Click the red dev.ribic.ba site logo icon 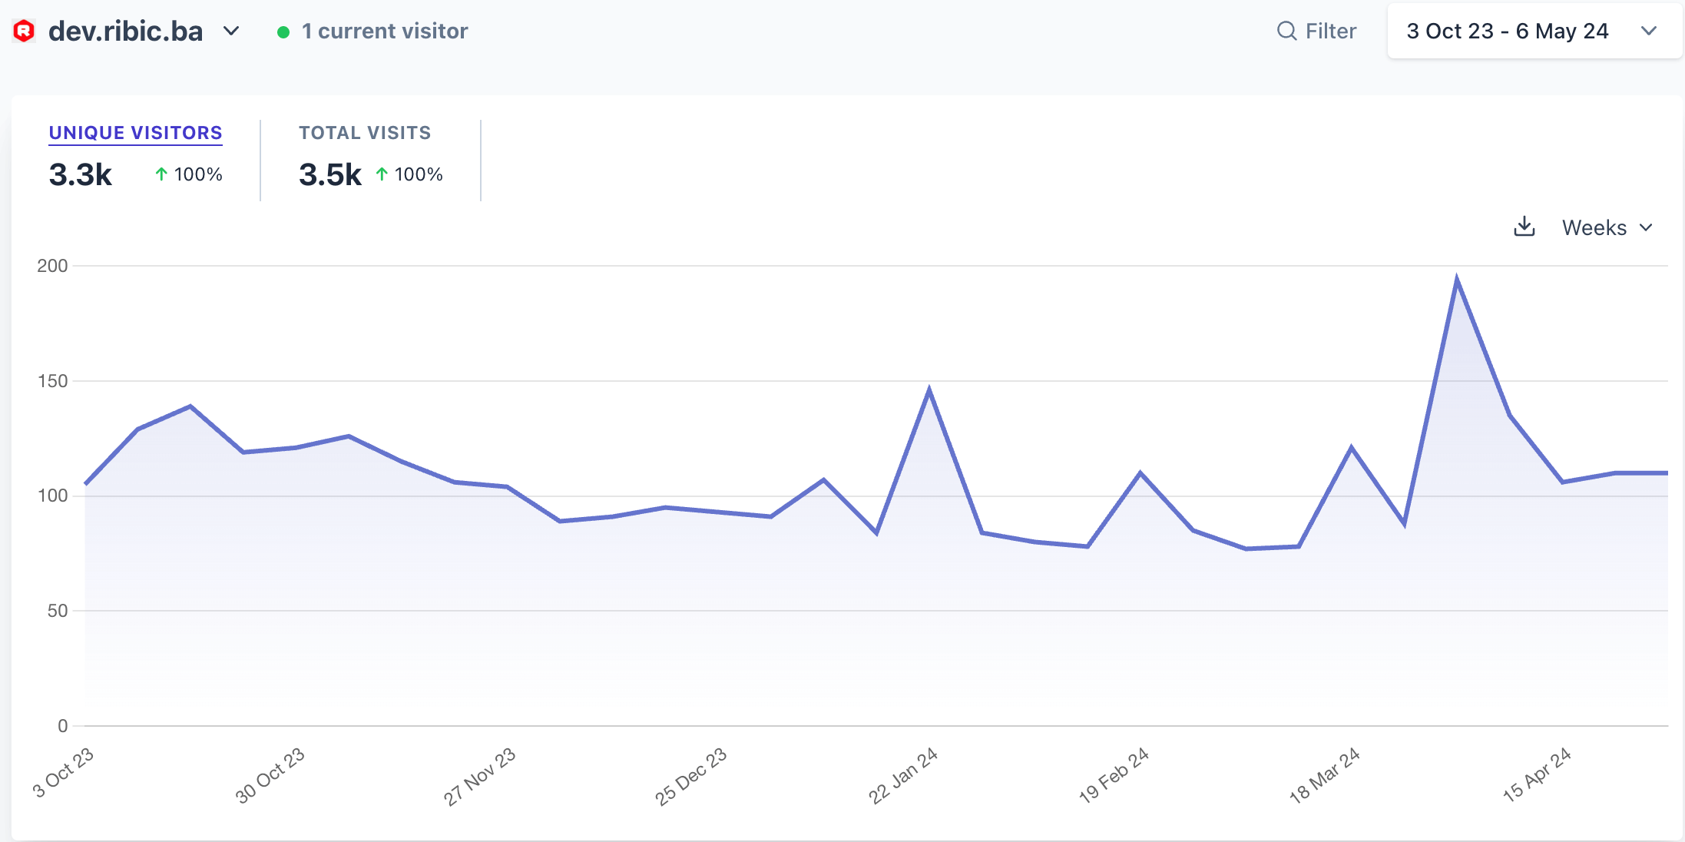point(25,31)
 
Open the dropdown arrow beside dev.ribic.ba point(231,31)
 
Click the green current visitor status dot point(283,31)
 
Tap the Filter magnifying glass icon point(1286,31)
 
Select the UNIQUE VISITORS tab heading point(135,133)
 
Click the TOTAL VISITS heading point(365,133)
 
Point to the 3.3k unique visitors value point(81,175)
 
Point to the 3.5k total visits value point(330,175)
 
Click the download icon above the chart point(1524,227)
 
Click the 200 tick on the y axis point(52,266)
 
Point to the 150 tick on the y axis point(52,381)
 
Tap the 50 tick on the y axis point(57,611)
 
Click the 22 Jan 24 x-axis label point(903,775)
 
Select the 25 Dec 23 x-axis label point(690,776)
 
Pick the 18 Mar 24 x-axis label point(1325,775)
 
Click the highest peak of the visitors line point(1457,279)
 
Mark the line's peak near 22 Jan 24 point(929,390)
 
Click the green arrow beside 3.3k point(161,174)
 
